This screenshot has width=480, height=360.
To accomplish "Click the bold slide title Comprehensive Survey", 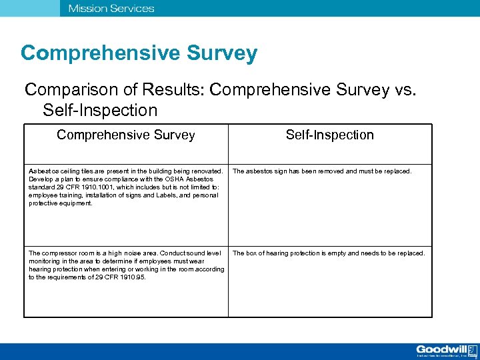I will coord(139,53).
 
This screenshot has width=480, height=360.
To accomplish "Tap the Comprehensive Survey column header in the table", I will coord(126,135).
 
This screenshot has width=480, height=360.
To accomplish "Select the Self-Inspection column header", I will coord(330,135).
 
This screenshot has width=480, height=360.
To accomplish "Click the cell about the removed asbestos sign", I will coord(322,171).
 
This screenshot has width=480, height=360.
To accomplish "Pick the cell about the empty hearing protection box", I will coord(328,253).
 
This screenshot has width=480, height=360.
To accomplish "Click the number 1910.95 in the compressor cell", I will coord(132,277).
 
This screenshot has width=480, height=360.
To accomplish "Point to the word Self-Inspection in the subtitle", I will coord(100,110).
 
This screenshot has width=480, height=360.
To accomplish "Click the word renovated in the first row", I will coord(207,171).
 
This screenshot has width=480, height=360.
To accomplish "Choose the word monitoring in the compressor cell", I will coord(46,261).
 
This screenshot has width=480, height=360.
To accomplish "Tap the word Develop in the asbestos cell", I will coord(41,179).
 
